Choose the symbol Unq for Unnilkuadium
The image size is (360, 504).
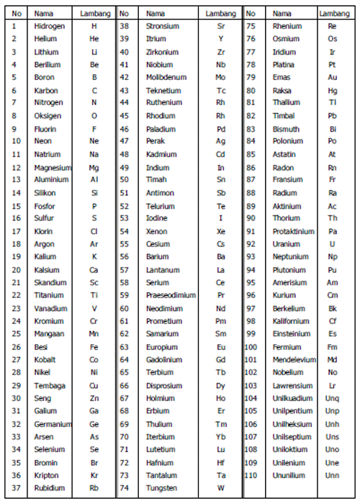pos(332,398)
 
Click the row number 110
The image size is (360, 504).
pos(251,475)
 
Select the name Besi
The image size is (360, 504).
pos(41,346)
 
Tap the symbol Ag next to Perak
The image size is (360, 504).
pos(220,141)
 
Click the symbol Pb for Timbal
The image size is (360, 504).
pos(332,115)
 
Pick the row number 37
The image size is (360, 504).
pos(16,487)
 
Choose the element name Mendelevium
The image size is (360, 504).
pos(294,359)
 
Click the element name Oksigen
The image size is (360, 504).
pos(48,116)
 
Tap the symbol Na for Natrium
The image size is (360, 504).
pos(94,154)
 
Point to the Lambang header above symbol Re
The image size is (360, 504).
pos(334,13)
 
